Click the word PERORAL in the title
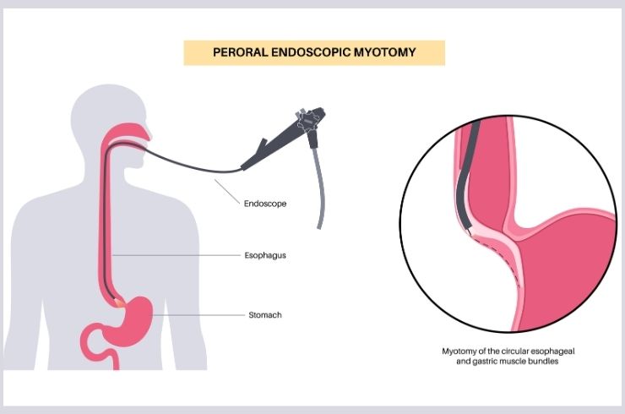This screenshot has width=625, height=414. click(241, 52)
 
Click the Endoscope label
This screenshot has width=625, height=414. click(265, 204)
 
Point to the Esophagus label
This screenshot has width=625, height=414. click(265, 255)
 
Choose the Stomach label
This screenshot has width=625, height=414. click(265, 315)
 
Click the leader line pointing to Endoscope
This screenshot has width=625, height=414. click(227, 192)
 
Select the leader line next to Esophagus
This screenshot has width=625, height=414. click(176, 255)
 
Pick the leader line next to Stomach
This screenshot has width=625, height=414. click(198, 315)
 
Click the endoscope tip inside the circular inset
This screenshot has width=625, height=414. click(468, 230)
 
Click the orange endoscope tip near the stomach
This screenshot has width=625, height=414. click(119, 303)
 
